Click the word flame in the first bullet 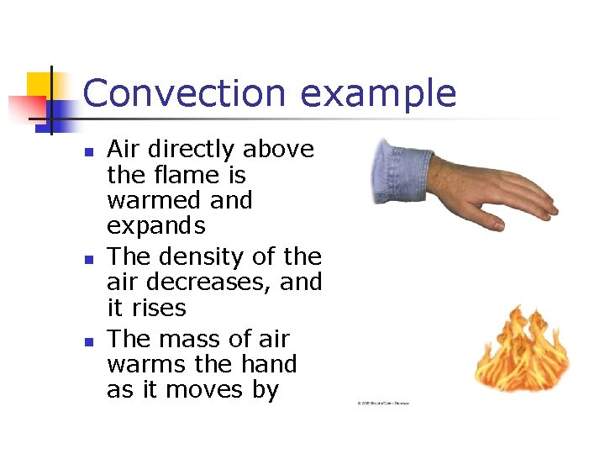pos(183,175)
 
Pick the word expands pos(156,227)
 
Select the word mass pos(192,339)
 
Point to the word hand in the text pos(269,365)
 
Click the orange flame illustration pos(520,348)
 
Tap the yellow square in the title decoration pos(39,85)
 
